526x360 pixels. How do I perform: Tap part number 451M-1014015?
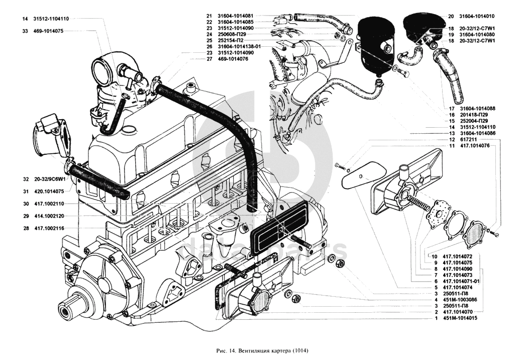(x=460, y=319)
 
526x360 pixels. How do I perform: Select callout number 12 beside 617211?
(x=437, y=139)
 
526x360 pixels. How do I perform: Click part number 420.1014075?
(x=50, y=191)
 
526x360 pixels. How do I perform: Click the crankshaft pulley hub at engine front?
(x=70, y=307)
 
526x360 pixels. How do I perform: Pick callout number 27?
(x=209, y=59)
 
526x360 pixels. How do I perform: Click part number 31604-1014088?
(x=476, y=109)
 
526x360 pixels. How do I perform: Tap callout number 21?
(x=209, y=16)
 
